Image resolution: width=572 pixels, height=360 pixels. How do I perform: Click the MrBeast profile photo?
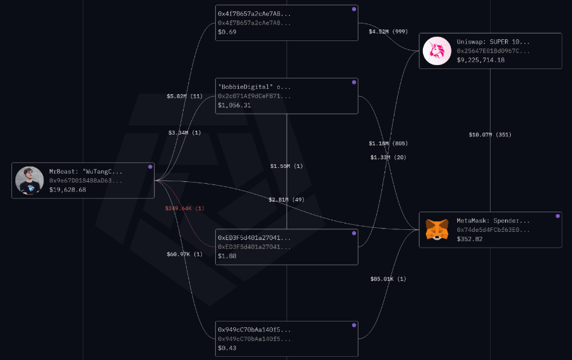click(x=29, y=181)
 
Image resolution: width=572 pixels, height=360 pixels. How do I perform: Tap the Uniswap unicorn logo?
click(x=436, y=51)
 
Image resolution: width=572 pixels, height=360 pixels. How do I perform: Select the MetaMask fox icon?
click(x=436, y=229)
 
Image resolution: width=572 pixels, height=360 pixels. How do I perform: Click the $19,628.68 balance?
click(x=68, y=189)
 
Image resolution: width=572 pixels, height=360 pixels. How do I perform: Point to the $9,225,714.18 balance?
click(x=480, y=60)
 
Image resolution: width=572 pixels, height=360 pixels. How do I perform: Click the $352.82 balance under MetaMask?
click(x=470, y=239)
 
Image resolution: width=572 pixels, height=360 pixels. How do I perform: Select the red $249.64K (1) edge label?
click(x=184, y=208)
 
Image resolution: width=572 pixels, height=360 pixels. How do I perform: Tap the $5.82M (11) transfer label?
click(x=184, y=96)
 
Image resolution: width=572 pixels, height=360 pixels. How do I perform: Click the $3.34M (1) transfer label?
click(x=184, y=133)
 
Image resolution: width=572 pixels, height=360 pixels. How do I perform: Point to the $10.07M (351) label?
click(x=490, y=135)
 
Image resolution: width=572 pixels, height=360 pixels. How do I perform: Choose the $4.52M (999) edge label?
click(x=388, y=31)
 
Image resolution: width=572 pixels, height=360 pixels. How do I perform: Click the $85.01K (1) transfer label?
click(x=388, y=279)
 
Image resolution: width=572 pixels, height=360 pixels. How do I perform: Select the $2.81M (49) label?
click(x=287, y=200)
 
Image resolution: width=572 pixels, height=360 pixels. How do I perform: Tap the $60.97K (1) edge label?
click(x=184, y=254)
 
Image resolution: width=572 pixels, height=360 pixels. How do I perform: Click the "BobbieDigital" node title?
click(x=254, y=87)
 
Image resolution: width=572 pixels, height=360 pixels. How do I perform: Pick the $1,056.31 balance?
click(x=234, y=105)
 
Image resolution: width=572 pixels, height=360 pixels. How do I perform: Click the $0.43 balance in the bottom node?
click(x=227, y=348)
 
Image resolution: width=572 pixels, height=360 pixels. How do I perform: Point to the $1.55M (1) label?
click(x=287, y=166)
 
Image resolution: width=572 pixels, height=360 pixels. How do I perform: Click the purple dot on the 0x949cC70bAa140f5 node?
click(x=354, y=325)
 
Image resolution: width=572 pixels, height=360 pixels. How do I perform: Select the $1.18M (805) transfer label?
click(x=388, y=143)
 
